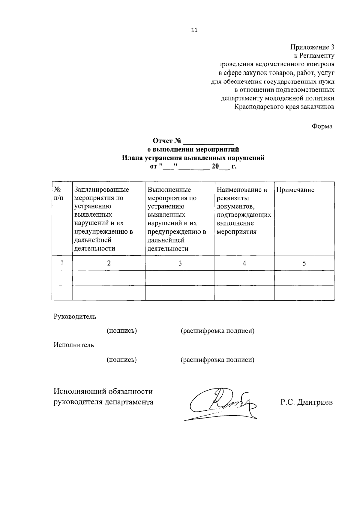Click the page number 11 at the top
click(194, 30)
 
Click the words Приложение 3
click(312, 47)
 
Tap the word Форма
click(322, 126)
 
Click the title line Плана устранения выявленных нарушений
click(193, 158)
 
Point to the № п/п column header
click(58, 194)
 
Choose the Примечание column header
click(295, 190)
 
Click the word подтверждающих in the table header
click(244, 215)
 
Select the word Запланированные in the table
click(102, 190)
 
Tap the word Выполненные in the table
click(169, 190)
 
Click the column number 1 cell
click(62, 263)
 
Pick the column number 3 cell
click(180, 263)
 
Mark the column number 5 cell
click(304, 263)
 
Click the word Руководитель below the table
click(75, 316)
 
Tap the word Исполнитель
click(74, 345)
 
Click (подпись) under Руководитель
click(122, 331)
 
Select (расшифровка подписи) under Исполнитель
click(217, 359)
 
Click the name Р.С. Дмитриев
click(307, 402)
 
